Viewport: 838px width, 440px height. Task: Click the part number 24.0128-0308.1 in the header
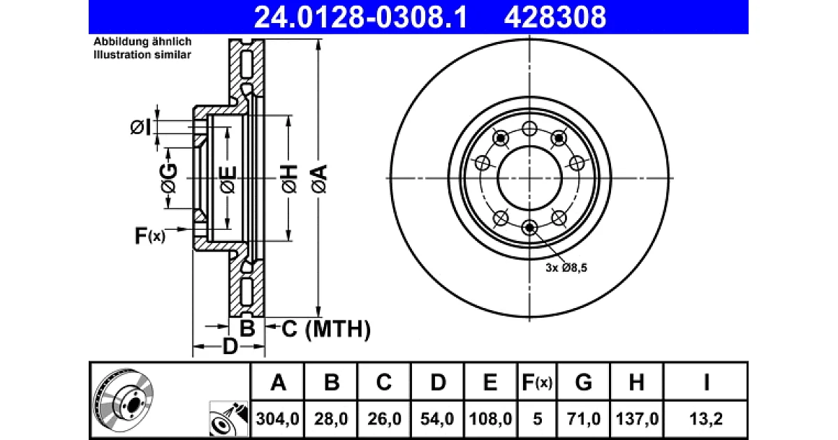click(x=360, y=17)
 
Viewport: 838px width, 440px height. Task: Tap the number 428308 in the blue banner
click(x=554, y=17)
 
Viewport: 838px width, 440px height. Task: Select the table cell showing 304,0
click(x=278, y=418)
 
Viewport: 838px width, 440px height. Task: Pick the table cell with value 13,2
click(x=705, y=418)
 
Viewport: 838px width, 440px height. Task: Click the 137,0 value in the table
click(x=637, y=418)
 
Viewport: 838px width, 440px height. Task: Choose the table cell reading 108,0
click(x=490, y=418)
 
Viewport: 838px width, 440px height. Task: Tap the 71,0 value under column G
click(x=583, y=418)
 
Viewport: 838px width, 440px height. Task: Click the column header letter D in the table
click(x=438, y=383)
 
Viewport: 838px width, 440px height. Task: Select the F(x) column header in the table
click(x=537, y=383)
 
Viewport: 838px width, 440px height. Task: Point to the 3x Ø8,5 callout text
click(x=566, y=268)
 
